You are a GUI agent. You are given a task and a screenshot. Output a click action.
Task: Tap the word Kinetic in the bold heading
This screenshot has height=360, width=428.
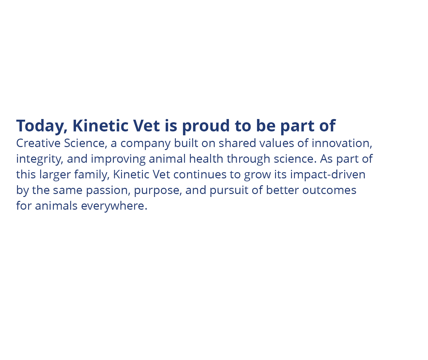(x=100, y=126)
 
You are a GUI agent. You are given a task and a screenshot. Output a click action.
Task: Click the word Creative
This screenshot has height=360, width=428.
(x=38, y=143)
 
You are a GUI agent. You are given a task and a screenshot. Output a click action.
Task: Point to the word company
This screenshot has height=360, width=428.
(x=145, y=144)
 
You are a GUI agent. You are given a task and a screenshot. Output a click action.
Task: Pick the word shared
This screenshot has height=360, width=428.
(x=237, y=143)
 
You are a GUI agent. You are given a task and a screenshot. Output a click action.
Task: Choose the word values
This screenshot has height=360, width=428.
(x=277, y=143)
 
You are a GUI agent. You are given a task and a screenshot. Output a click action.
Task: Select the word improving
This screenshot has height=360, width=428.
(x=118, y=159)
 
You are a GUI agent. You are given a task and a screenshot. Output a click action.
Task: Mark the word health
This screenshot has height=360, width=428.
(x=206, y=158)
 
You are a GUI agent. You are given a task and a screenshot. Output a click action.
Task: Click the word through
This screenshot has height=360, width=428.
(x=248, y=159)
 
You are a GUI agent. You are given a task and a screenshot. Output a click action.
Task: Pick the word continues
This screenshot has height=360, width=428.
(x=200, y=174)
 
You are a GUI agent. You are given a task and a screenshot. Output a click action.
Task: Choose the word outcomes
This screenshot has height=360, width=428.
(x=329, y=190)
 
